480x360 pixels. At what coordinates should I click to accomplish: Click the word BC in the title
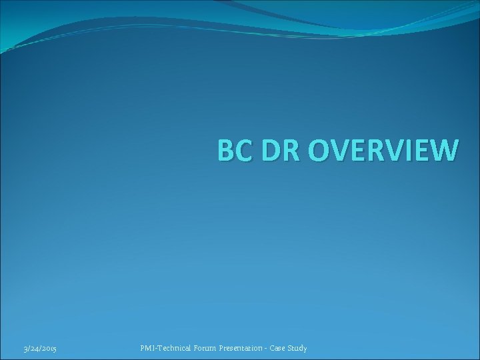click(233, 150)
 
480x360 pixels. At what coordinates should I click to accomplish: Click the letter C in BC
click(241, 150)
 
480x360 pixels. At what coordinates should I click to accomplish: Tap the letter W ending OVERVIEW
click(443, 150)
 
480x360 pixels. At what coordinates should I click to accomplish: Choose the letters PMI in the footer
click(147, 347)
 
